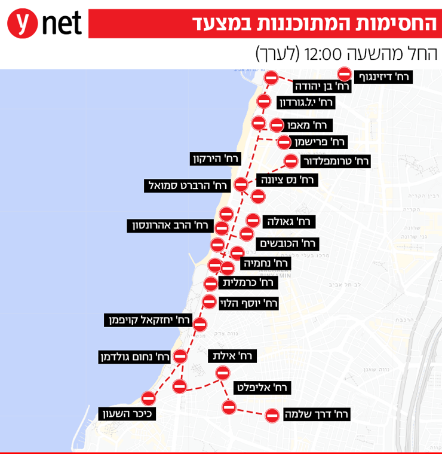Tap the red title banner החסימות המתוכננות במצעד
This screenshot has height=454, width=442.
click(266, 23)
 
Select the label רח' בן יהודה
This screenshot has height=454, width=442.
click(321, 86)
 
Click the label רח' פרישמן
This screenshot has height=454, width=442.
click(320, 142)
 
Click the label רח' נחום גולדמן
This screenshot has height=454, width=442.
click(135, 358)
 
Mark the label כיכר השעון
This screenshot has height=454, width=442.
click(127, 413)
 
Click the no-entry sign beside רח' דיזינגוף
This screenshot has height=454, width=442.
click(345, 74)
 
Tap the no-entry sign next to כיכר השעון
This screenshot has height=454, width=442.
click(149, 398)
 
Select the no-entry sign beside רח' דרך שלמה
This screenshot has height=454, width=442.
click(272, 415)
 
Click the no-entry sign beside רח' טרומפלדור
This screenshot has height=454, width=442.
click(291, 161)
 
